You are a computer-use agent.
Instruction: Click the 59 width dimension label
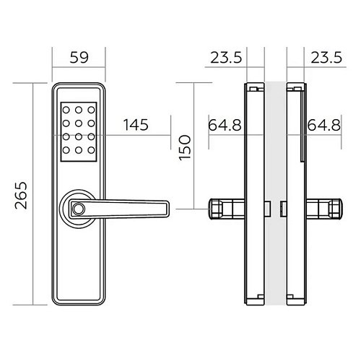coord(79,58)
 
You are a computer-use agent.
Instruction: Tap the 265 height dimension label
coord(21,195)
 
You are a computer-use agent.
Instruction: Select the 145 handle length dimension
coord(136,125)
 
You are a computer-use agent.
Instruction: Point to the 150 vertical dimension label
coord(185,147)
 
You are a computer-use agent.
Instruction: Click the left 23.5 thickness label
coord(226,58)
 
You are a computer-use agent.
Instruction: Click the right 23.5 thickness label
coord(326,58)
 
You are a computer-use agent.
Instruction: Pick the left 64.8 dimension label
coord(225,125)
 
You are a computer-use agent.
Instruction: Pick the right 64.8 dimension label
coord(324,125)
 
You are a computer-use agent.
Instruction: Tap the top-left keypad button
coord(66,110)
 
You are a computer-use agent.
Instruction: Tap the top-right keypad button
coord(91,110)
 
